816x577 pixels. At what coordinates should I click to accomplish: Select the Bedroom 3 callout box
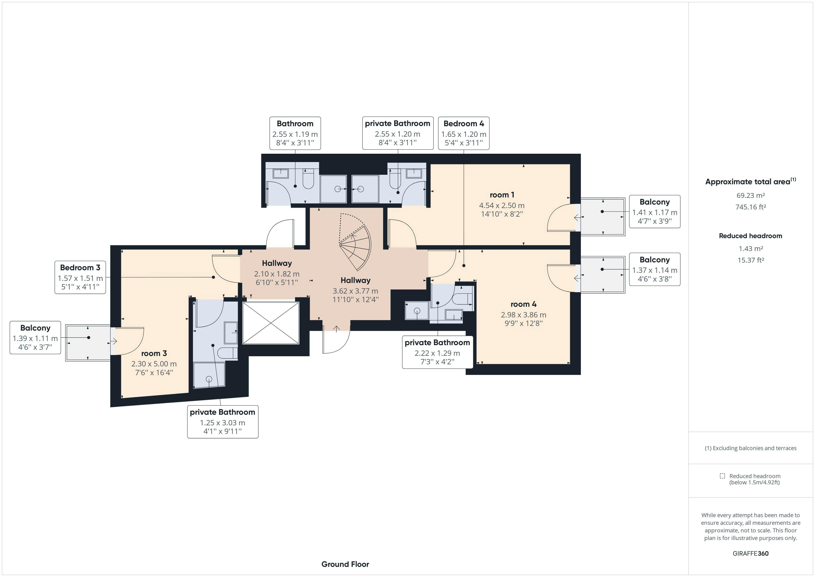pyautogui.click(x=80, y=277)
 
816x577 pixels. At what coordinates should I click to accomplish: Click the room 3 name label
pyautogui.click(x=154, y=353)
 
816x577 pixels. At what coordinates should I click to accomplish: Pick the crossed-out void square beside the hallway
pyautogui.click(x=271, y=323)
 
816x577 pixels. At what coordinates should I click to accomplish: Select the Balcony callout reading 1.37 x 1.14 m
pyautogui.click(x=654, y=269)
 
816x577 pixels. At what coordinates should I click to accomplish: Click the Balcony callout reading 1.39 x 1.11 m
pyautogui.click(x=35, y=338)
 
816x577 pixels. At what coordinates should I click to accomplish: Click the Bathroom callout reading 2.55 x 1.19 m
pyautogui.click(x=295, y=133)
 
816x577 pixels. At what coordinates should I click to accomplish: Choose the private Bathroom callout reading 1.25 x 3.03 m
pyautogui.click(x=223, y=422)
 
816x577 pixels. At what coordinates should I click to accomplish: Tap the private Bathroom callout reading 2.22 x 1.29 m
pyautogui.click(x=437, y=352)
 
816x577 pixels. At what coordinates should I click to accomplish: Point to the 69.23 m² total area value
pyautogui.click(x=750, y=195)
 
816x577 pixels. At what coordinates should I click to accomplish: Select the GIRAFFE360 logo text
pyautogui.click(x=750, y=553)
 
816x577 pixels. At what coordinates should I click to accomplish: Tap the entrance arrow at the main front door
pyautogui.click(x=336, y=329)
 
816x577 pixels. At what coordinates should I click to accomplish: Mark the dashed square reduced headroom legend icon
pyautogui.click(x=722, y=476)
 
